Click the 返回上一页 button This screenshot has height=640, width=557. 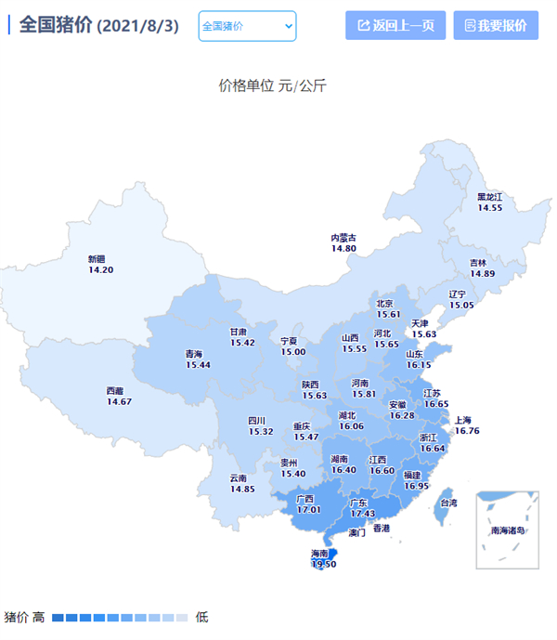tap(395, 25)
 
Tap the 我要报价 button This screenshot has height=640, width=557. tap(496, 25)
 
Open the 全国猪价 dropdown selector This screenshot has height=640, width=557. tap(247, 26)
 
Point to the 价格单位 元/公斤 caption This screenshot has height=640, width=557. tap(273, 85)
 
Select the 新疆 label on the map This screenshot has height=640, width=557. tap(97, 259)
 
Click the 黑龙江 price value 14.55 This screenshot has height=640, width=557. tap(489, 208)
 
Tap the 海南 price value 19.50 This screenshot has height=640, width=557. tap(323, 564)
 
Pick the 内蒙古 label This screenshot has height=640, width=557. tap(343, 238)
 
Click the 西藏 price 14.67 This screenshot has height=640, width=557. tap(119, 402)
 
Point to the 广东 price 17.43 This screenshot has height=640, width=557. tap(362, 514)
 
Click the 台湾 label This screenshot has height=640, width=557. tap(448, 503)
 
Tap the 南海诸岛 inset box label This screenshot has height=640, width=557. tap(508, 530)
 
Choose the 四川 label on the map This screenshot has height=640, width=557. tap(257, 421)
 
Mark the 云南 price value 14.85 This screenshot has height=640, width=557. tap(242, 490)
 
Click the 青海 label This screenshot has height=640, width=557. tap(193, 354)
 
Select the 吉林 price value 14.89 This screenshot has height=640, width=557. tap(481, 274)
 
